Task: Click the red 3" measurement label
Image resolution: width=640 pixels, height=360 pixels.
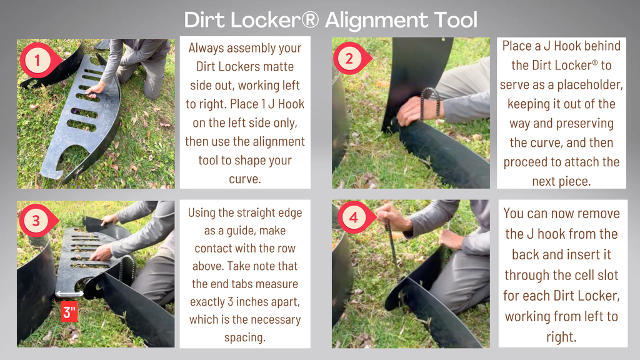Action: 69,312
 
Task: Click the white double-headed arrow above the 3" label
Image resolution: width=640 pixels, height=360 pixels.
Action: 69,294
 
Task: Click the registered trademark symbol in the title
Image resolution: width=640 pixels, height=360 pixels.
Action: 311,19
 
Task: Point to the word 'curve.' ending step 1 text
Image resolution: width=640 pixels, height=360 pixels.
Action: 245,179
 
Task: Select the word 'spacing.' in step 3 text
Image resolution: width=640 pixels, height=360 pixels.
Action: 245,337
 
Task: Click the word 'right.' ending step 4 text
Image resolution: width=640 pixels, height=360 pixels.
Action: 562,337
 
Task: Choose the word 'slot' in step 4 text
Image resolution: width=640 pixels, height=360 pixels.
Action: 606,275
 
